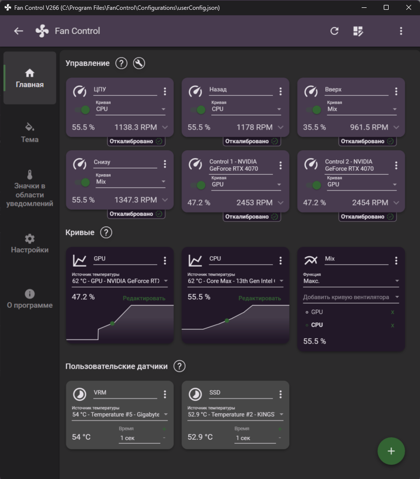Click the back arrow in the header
(19, 31)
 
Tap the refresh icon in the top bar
(334, 31)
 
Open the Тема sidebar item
(29, 133)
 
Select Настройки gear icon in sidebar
(29, 239)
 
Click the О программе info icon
(29, 294)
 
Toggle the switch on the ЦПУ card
(82, 109)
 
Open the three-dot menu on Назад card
(280, 91)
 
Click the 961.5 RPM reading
(369, 127)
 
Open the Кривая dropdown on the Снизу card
(130, 182)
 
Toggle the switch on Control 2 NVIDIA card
(314, 185)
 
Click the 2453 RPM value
(254, 203)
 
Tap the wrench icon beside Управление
(139, 63)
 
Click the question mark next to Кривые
(106, 233)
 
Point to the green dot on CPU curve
(227, 320)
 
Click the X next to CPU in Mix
(393, 325)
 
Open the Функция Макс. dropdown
(351, 281)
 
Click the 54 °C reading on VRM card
(81, 437)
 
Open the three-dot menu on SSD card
(280, 395)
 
